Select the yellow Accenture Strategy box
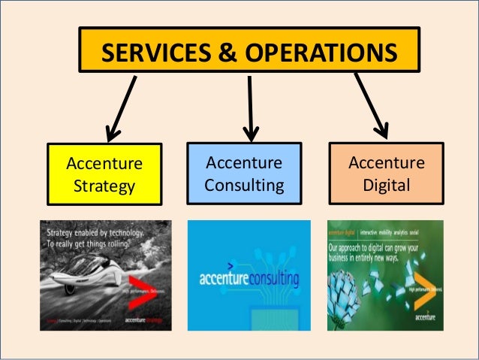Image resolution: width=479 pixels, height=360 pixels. (x=104, y=174)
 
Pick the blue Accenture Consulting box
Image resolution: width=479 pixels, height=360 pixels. (x=244, y=174)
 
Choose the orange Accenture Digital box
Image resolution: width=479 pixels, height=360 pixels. (x=387, y=174)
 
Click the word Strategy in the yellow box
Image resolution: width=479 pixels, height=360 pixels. (x=104, y=185)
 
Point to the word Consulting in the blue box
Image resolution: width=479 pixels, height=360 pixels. (x=244, y=185)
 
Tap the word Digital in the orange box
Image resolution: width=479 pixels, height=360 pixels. (x=387, y=184)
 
